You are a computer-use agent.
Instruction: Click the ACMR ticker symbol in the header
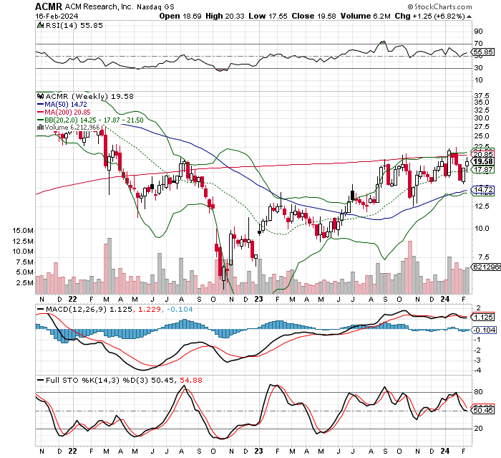click(x=49, y=6)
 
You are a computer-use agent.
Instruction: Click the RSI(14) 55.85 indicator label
click(x=63, y=24)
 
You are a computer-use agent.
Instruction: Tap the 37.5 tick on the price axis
click(x=481, y=94)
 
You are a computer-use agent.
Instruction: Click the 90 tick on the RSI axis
click(x=478, y=32)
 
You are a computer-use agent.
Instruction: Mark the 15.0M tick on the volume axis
click(x=23, y=230)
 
